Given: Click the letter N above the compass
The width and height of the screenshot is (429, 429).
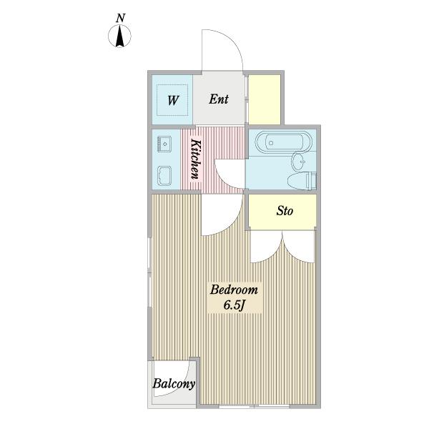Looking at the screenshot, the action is [120, 18].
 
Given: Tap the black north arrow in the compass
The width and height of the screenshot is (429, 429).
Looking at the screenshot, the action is [119, 36].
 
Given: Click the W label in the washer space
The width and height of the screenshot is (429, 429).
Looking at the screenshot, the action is [172, 100].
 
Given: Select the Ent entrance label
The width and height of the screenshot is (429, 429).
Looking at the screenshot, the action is [219, 99].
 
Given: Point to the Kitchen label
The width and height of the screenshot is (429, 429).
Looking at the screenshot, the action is [196, 159].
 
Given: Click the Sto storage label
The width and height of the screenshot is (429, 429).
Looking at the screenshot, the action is [285, 211].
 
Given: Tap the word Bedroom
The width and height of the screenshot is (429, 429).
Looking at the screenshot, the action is [234, 290].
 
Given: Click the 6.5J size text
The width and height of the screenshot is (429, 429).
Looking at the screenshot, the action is [233, 305].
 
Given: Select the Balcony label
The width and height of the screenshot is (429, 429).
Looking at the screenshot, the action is [174, 384].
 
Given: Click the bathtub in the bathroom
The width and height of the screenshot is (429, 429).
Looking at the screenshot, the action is [283, 142].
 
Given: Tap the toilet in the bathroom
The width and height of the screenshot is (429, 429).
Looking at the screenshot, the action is [302, 180].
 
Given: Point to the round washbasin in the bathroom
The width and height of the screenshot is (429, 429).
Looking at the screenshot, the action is [300, 162].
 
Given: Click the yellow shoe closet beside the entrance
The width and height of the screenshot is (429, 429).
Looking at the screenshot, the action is [265, 99].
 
